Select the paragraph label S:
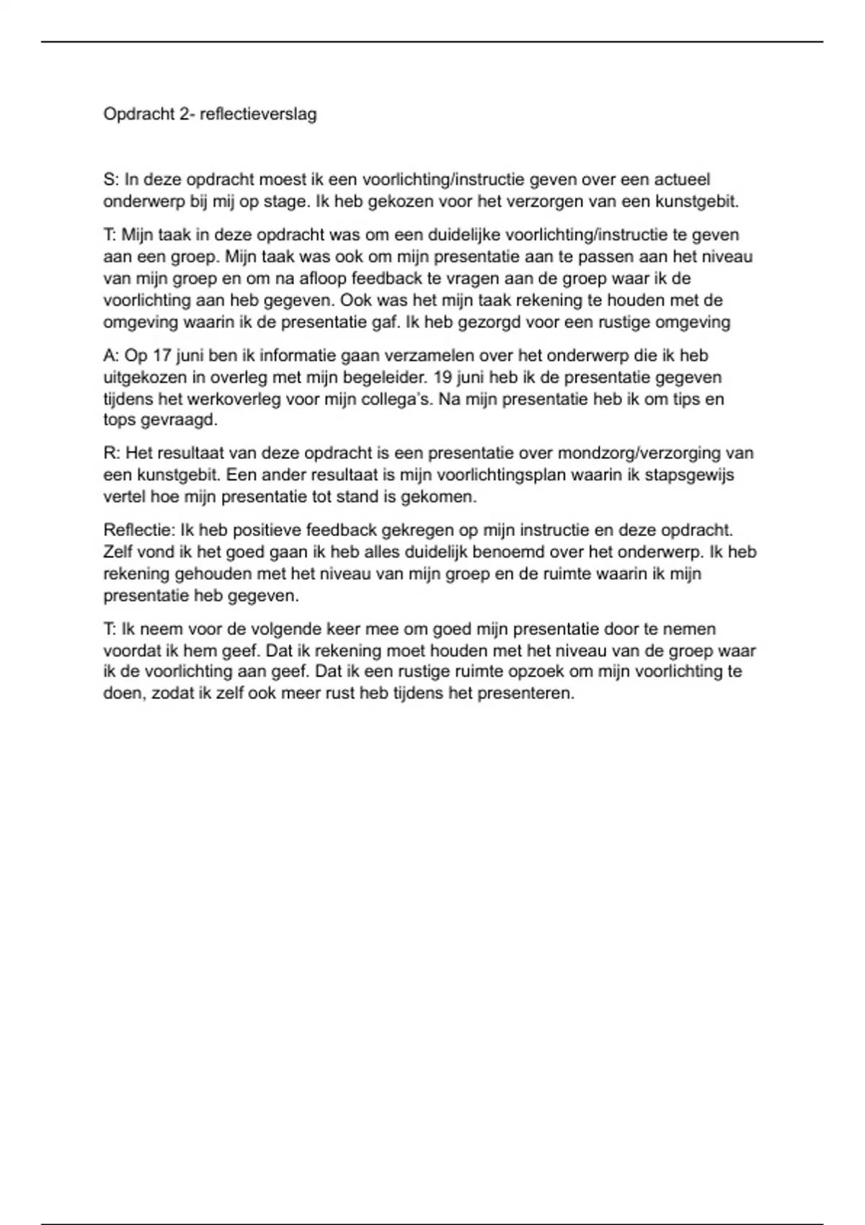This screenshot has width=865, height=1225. pos(111,179)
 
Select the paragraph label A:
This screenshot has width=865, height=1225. pos(111,355)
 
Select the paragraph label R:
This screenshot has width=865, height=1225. pos(112,453)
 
